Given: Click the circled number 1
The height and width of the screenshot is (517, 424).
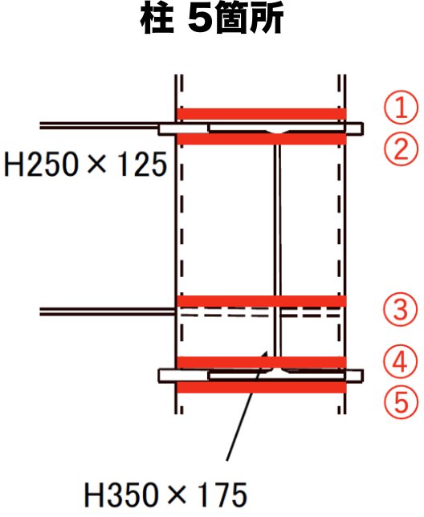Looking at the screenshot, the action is pyautogui.click(x=401, y=107).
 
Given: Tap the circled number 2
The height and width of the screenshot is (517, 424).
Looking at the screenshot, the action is pyautogui.click(x=401, y=148).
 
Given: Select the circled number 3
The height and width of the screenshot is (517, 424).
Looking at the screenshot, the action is pyautogui.click(x=400, y=310).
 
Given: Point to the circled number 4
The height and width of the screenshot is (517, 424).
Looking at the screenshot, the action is pyautogui.click(x=400, y=362).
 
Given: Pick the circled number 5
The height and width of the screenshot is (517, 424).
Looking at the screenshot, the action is pyautogui.click(x=400, y=402).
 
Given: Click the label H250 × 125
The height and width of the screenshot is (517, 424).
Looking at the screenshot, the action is pyautogui.click(x=85, y=164).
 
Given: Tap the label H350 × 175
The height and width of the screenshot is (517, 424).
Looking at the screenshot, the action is pyautogui.click(x=165, y=495).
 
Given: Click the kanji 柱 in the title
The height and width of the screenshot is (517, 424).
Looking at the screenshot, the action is pyautogui.click(x=157, y=19).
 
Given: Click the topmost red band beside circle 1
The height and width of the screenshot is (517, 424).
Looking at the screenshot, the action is pyautogui.click(x=262, y=114).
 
